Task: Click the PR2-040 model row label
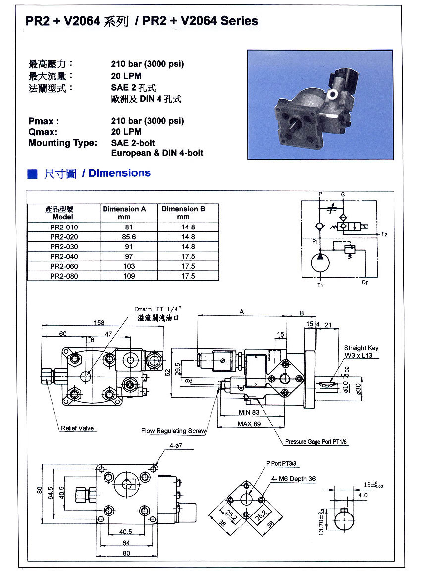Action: pyautogui.click(x=64, y=256)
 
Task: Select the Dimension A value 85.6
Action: pyautogui.click(x=129, y=237)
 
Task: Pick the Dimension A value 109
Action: pyautogui.click(x=129, y=276)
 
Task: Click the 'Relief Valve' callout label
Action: pyautogui.click(x=77, y=428)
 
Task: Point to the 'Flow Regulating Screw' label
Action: pyautogui.click(x=173, y=431)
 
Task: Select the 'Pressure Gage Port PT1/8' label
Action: pyautogui.click(x=316, y=441)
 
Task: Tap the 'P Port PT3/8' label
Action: pyautogui.click(x=284, y=463)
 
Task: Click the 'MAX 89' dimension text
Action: pyautogui.click(x=249, y=424)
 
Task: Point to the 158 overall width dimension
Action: pyautogui.click(x=100, y=323)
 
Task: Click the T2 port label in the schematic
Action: pyautogui.click(x=384, y=233)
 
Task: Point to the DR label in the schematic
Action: pyautogui.click(x=365, y=282)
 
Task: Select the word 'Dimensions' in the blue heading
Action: pyautogui.click(x=119, y=173)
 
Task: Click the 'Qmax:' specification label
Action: pyautogui.click(x=43, y=132)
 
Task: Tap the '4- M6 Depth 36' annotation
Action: pyautogui.click(x=293, y=479)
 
